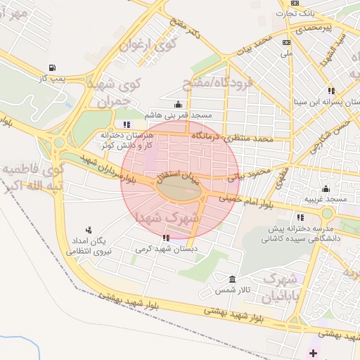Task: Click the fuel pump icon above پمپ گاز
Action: [x=53, y=68]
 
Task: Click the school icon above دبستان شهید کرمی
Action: [x=166, y=238]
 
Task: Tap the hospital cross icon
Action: [x=313, y=350]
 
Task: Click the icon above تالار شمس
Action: [x=233, y=279]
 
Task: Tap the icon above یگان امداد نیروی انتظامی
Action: [x=89, y=230]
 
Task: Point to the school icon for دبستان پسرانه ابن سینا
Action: [x=330, y=90]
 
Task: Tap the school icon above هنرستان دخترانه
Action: [x=127, y=124]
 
